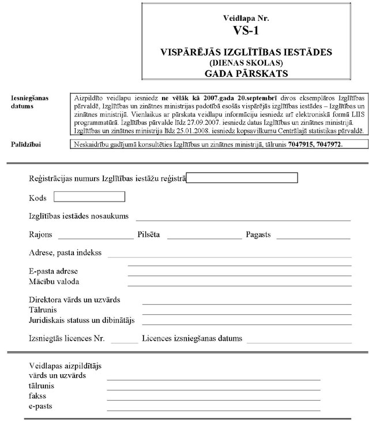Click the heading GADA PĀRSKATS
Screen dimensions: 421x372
[246, 73]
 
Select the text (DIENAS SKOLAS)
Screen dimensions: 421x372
[246, 62]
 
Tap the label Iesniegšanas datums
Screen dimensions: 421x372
[29, 102]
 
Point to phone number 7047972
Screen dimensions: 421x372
[328, 144]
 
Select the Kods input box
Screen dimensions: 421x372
[89, 197]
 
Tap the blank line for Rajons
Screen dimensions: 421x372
[95, 237]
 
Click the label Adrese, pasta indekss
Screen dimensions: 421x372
[65, 253]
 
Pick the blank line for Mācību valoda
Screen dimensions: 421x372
[239, 284]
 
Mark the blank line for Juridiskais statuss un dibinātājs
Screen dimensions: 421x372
[247, 323]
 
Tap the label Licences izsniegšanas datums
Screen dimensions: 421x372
[192, 338]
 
